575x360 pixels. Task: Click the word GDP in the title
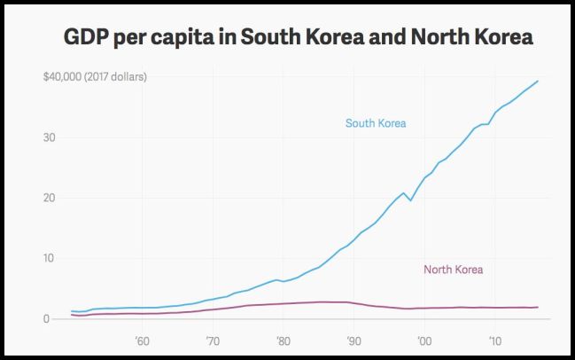pyautogui.click(x=87, y=39)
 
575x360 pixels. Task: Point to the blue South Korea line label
pyautogui.click(x=376, y=123)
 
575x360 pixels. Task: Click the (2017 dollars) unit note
pyautogui.click(x=116, y=77)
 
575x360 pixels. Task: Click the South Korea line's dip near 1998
pyautogui.click(x=410, y=200)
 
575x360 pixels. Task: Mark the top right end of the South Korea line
pyautogui.click(x=538, y=82)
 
